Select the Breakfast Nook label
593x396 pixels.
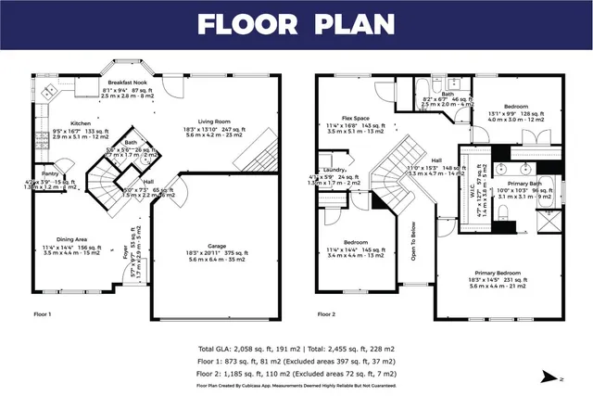(x=128, y=83)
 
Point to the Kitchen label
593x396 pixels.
(x=81, y=123)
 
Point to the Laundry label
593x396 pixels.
(x=334, y=171)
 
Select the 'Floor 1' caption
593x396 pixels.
(x=44, y=315)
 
